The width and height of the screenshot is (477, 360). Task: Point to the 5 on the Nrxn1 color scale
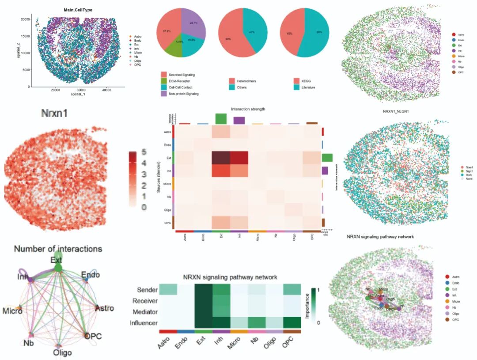pyautogui.click(x=144, y=153)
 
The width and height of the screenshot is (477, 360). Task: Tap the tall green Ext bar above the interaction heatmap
pyautogui.click(x=221, y=118)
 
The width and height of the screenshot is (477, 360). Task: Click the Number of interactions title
pyautogui.click(x=58, y=249)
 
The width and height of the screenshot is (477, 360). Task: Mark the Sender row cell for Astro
pyautogui.click(x=168, y=289)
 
